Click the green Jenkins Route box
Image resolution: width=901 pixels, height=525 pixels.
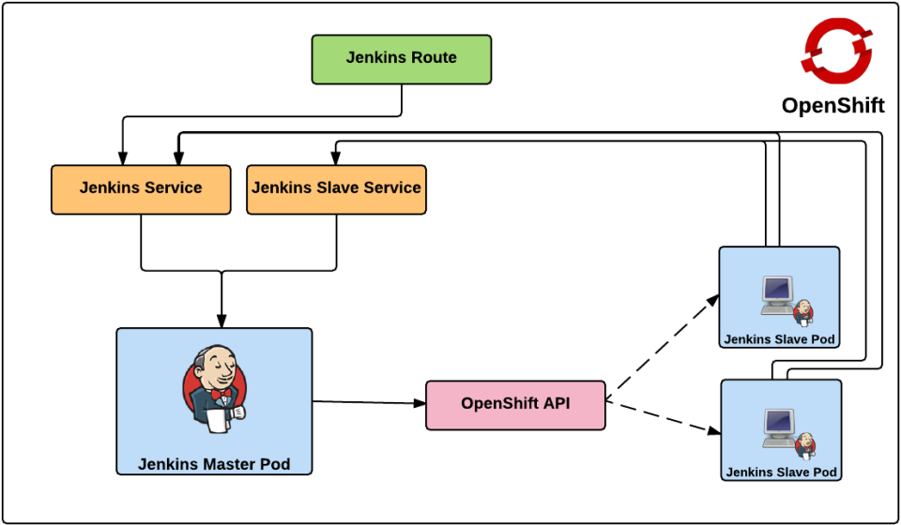(x=401, y=58)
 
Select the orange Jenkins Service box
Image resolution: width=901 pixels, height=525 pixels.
(x=141, y=188)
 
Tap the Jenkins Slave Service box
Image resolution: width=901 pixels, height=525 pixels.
(x=336, y=188)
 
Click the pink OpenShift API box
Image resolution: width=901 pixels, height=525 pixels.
(x=515, y=404)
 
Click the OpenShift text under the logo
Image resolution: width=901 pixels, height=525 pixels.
(x=832, y=105)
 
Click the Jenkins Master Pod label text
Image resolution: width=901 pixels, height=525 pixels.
(x=214, y=464)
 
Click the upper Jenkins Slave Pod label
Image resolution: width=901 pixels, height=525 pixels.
(x=779, y=338)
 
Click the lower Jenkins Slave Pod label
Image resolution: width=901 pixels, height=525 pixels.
(x=781, y=472)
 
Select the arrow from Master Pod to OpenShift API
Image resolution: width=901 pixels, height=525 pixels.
(x=366, y=403)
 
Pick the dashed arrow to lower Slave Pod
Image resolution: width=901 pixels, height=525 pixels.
(x=662, y=417)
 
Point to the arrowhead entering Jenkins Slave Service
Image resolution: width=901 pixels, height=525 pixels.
(x=335, y=158)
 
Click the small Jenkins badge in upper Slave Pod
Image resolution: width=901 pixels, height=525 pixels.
(x=803, y=311)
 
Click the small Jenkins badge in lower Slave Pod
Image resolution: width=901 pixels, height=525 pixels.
(x=805, y=444)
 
